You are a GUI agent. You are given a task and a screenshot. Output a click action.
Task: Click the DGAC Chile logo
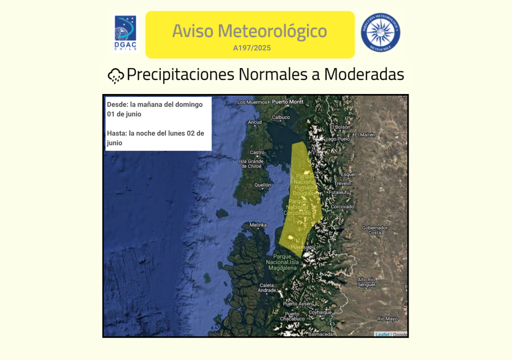tap(125, 33)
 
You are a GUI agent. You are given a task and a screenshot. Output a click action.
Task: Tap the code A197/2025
tap(252, 48)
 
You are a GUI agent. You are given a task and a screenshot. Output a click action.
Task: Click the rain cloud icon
tap(116, 75)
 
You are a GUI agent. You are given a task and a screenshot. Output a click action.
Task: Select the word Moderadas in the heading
tap(364, 74)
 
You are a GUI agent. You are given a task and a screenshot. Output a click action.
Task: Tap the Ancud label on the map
tap(254, 122)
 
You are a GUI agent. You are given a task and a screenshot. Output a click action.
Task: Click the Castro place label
tap(257, 152)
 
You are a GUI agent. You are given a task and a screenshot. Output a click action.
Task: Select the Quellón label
tap(262, 184)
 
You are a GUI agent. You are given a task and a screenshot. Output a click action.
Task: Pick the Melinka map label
tap(258, 225)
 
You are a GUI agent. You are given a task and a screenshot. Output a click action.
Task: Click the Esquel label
tap(347, 174)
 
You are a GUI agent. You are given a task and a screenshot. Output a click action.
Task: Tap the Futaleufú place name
tap(339, 192)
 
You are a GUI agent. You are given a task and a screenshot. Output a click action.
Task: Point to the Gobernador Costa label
tap(374, 230)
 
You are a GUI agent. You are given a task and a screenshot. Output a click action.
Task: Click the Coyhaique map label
tap(320, 312)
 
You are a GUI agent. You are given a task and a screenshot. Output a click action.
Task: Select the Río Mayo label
tap(387, 318)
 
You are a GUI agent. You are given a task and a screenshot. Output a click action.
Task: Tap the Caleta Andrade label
tap(266, 287)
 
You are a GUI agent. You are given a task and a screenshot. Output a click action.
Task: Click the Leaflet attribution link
tap(382, 334)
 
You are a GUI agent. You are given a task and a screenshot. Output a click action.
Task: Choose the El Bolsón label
tap(340, 127)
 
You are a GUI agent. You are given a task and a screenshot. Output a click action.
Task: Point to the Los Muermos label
tap(252, 102)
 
